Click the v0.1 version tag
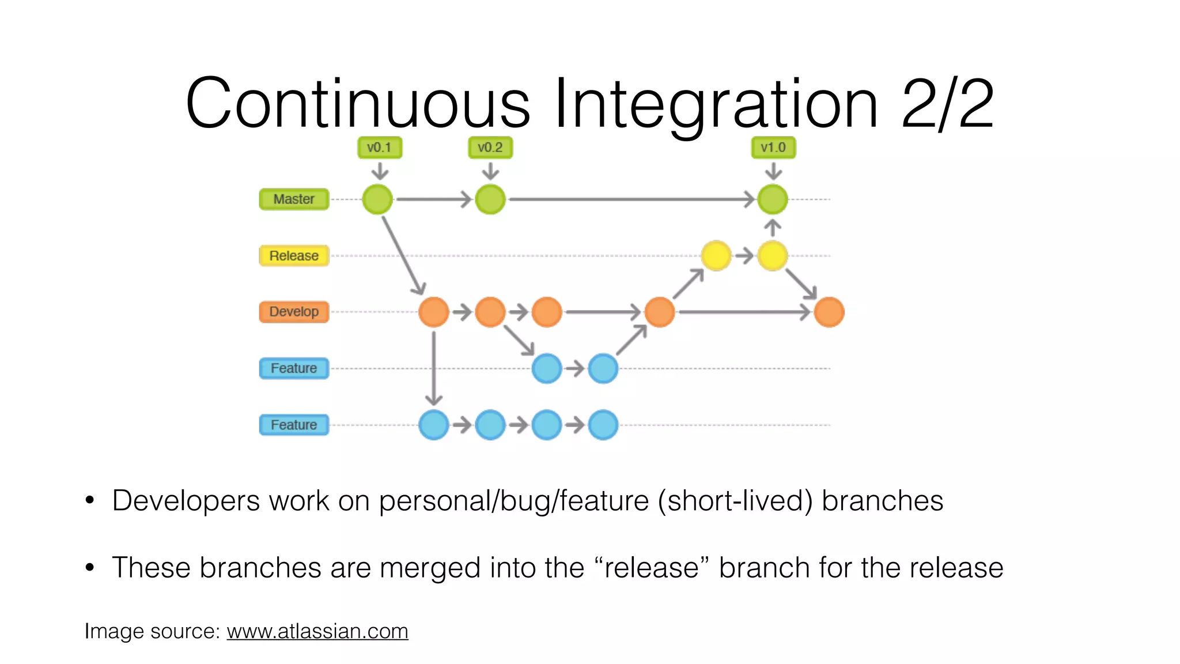(x=379, y=148)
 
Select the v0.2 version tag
(x=490, y=148)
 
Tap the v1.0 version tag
(x=773, y=148)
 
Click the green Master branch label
(x=294, y=199)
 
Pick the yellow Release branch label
(x=294, y=255)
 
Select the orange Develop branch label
(x=294, y=312)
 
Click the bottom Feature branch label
(x=294, y=425)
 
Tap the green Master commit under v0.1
(x=377, y=199)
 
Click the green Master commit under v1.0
(x=773, y=199)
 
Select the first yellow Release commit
(x=716, y=255)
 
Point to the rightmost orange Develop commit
(x=829, y=312)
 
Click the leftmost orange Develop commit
(x=434, y=312)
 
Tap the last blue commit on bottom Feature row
(x=603, y=425)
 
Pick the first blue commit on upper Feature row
(x=547, y=368)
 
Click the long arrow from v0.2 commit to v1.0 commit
(x=631, y=199)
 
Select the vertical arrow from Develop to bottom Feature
(x=434, y=369)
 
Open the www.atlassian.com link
(x=317, y=631)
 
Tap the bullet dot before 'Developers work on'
(x=89, y=500)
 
